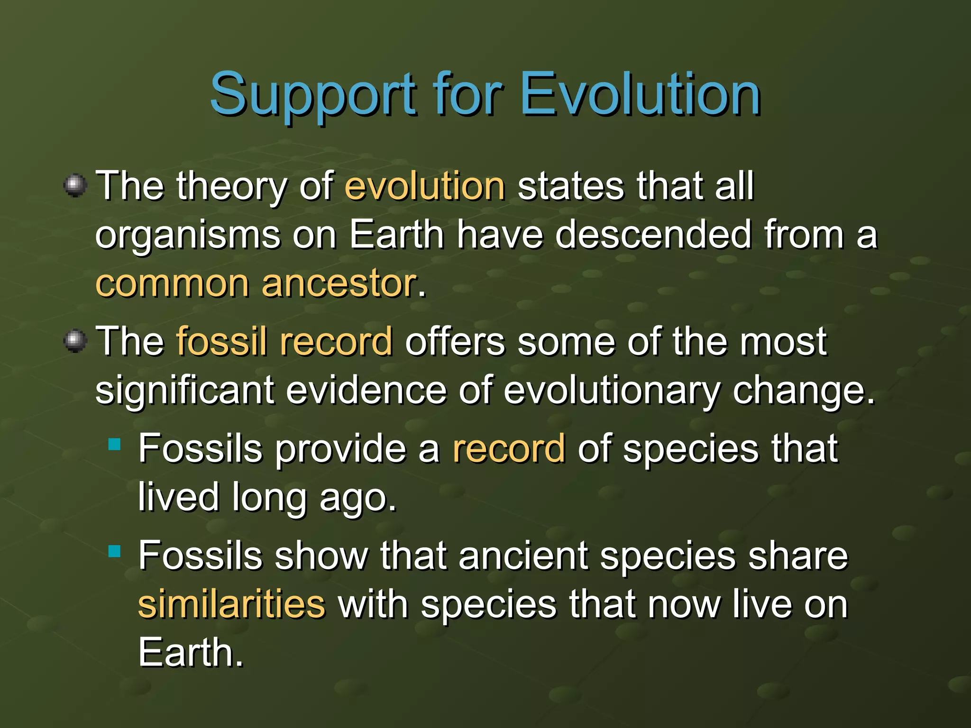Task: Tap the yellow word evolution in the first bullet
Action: click(424, 186)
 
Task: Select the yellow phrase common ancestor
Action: click(256, 283)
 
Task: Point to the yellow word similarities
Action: click(231, 604)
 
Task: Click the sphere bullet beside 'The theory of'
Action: click(75, 185)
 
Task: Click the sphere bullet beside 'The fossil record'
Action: click(75, 341)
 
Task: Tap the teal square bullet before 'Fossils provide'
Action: click(114, 444)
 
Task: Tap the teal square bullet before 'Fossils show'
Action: click(114, 551)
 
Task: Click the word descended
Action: click(653, 235)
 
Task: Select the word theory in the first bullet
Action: click(231, 187)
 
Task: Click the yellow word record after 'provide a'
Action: click(508, 448)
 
